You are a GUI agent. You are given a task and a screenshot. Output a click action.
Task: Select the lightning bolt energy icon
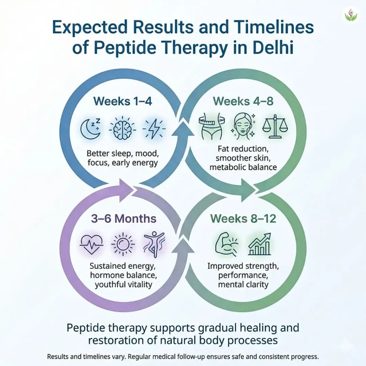(x=154, y=129)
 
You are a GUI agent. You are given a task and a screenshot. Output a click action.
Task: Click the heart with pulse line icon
(x=91, y=245)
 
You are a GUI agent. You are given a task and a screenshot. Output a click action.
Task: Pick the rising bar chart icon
(x=259, y=244)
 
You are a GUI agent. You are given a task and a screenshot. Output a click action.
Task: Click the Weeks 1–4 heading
(x=123, y=101)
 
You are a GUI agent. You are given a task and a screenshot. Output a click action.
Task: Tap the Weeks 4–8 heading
(x=243, y=101)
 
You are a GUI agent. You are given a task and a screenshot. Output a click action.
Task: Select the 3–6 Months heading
(x=123, y=219)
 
